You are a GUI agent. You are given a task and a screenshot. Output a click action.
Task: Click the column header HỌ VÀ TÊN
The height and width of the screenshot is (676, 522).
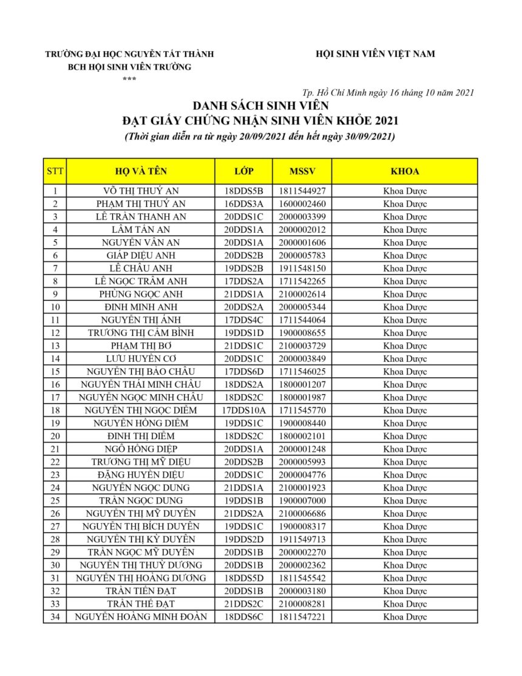point(140,171)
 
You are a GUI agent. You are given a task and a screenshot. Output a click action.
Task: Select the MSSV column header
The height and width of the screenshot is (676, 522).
point(302,171)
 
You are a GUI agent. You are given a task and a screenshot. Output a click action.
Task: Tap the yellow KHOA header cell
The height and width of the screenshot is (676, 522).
point(405,171)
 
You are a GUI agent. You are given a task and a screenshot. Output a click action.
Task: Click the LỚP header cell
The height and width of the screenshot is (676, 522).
point(243,171)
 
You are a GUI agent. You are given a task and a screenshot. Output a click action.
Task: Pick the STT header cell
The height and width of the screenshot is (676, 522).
point(55,171)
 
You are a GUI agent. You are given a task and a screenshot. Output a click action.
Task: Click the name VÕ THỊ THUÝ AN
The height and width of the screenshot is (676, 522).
point(140,191)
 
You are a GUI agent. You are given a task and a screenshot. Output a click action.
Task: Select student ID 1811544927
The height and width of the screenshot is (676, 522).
point(302,191)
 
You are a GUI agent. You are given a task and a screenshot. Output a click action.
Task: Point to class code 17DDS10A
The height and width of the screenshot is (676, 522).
point(243,410)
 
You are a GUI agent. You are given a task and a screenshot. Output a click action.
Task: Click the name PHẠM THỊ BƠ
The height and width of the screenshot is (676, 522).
point(140,346)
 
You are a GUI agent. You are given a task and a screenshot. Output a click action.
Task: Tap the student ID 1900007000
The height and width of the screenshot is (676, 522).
point(302,500)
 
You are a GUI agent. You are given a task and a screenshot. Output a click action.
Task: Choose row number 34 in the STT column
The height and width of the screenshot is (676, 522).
point(55,616)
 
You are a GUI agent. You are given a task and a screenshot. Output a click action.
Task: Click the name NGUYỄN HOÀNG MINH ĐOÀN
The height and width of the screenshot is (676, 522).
point(140,616)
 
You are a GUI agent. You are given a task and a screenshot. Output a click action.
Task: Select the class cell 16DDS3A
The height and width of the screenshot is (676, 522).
point(243,203)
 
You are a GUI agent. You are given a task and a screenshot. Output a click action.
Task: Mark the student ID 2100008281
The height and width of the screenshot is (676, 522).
point(302,604)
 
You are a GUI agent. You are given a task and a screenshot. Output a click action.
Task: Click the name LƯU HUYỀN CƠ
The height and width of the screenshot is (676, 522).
point(140,358)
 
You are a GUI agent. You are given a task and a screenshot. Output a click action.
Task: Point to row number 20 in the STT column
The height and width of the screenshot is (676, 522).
point(55,436)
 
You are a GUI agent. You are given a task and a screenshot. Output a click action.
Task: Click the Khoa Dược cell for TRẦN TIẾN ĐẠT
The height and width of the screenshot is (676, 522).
point(405,591)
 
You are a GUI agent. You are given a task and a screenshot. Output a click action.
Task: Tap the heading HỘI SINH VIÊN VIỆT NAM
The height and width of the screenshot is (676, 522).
point(375,54)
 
